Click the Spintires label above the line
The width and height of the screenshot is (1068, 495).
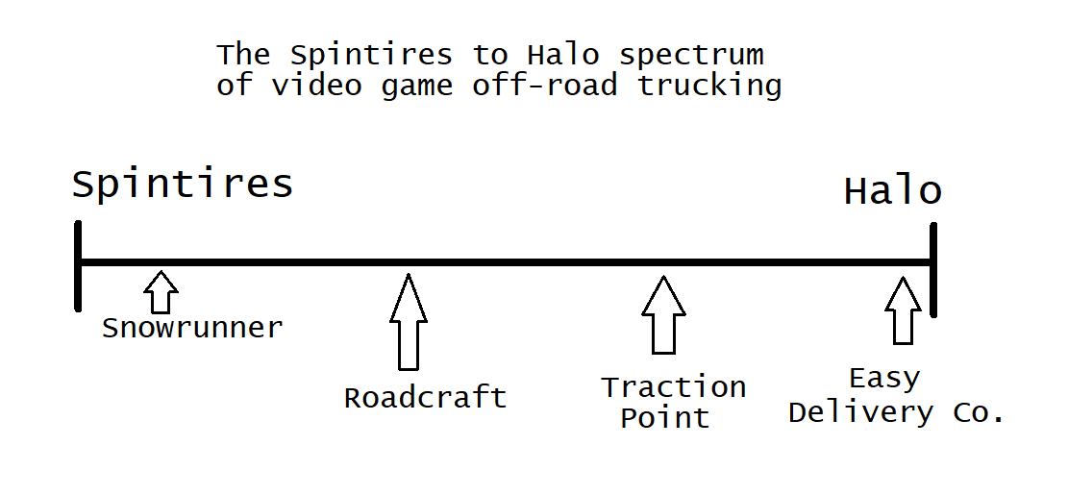182,185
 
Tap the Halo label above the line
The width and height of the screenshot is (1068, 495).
892,191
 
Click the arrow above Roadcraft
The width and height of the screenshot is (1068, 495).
408,322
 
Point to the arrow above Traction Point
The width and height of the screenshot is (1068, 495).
663,315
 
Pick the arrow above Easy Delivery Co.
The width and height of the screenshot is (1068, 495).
903,310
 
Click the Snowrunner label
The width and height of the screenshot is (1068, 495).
192,329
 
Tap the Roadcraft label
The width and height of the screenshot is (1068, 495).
425,398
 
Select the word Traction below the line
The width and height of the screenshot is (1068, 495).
674,387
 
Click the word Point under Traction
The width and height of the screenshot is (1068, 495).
664,418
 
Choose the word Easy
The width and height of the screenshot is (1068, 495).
884,379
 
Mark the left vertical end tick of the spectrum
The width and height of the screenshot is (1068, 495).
78,265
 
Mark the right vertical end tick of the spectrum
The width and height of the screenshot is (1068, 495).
932,269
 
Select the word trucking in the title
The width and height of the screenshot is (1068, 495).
709,85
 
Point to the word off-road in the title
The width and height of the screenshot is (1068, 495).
544,85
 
